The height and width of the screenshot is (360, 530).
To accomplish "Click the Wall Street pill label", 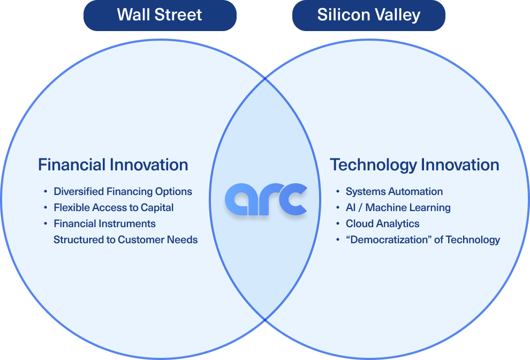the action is pyautogui.click(x=160, y=16).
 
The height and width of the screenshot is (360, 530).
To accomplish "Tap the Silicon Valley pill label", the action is pyautogui.click(x=369, y=16).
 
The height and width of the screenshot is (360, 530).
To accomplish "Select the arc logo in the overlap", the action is pyautogui.click(x=266, y=199).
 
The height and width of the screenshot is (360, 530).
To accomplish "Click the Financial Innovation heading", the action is pyautogui.click(x=113, y=165).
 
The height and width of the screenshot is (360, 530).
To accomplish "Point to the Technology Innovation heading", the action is pyautogui.click(x=415, y=165).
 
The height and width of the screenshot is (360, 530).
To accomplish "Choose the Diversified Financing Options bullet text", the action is pyautogui.click(x=123, y=191).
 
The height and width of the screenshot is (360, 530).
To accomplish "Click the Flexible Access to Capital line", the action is pyautogui.click(x=113, y=207).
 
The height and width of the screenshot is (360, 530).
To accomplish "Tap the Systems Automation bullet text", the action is pyautogui.click(x=394, y=191).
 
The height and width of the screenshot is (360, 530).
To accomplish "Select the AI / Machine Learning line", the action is pyautogui.click(x=398, y=207).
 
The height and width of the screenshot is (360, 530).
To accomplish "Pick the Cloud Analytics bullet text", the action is pyautogui.click(x=383, y=223).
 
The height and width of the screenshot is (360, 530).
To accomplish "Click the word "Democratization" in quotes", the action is pyautogui.click(x=389, y=239).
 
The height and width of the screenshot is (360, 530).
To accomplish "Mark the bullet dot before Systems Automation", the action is pyautogui.click(x=338, y=191).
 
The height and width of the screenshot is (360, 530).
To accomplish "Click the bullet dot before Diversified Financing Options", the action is pyautogui.click(x=46, y=191).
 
